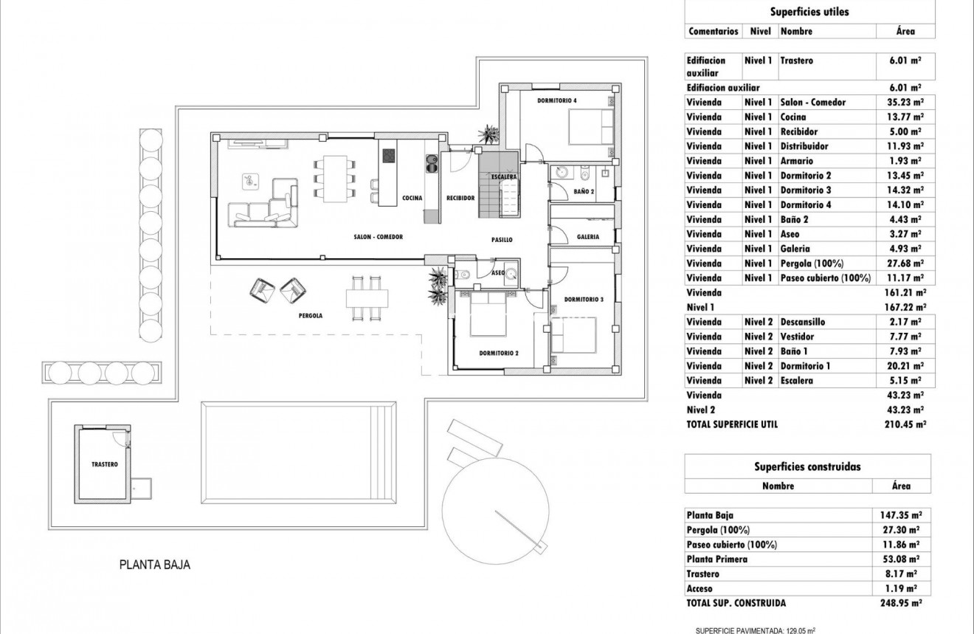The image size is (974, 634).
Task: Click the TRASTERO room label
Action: point(105,464)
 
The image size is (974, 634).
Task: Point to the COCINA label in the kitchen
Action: point(412,198)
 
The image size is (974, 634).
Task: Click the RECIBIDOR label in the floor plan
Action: point(460,198)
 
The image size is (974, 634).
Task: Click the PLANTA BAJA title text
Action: point(155,565)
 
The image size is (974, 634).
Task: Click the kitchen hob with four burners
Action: point(388,156)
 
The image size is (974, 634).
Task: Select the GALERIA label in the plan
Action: point(588,237)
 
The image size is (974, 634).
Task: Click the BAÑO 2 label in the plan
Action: point(583,192)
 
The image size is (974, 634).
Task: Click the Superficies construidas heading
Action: point(807,466)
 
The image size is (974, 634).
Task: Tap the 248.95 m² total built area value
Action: point(905,603)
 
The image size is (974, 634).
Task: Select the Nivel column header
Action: point(760,32)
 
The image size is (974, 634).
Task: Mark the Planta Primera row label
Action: point(716,559)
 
